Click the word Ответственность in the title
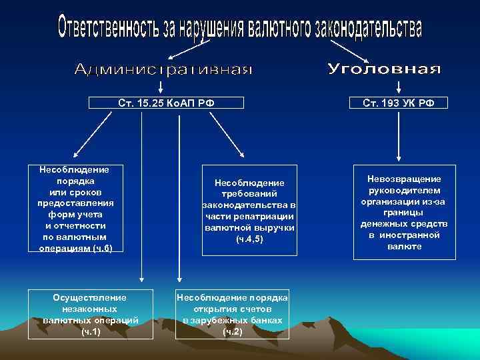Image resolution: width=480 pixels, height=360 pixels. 107,27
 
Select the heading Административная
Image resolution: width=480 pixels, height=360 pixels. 163,70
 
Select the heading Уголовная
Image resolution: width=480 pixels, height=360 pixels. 385,69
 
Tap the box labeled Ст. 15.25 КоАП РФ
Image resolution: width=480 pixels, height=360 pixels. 167,103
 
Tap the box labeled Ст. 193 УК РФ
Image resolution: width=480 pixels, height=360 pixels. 399,103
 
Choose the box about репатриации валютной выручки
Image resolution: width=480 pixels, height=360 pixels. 249,211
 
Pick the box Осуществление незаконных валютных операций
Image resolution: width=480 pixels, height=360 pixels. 90,313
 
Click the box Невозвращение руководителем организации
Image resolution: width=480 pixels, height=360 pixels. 404,213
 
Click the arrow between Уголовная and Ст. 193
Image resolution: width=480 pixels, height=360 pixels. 399,87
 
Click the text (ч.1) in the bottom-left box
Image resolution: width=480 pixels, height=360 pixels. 90,331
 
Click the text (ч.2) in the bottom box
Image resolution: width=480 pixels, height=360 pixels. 232,331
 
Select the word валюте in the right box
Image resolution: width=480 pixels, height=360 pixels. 404,246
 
